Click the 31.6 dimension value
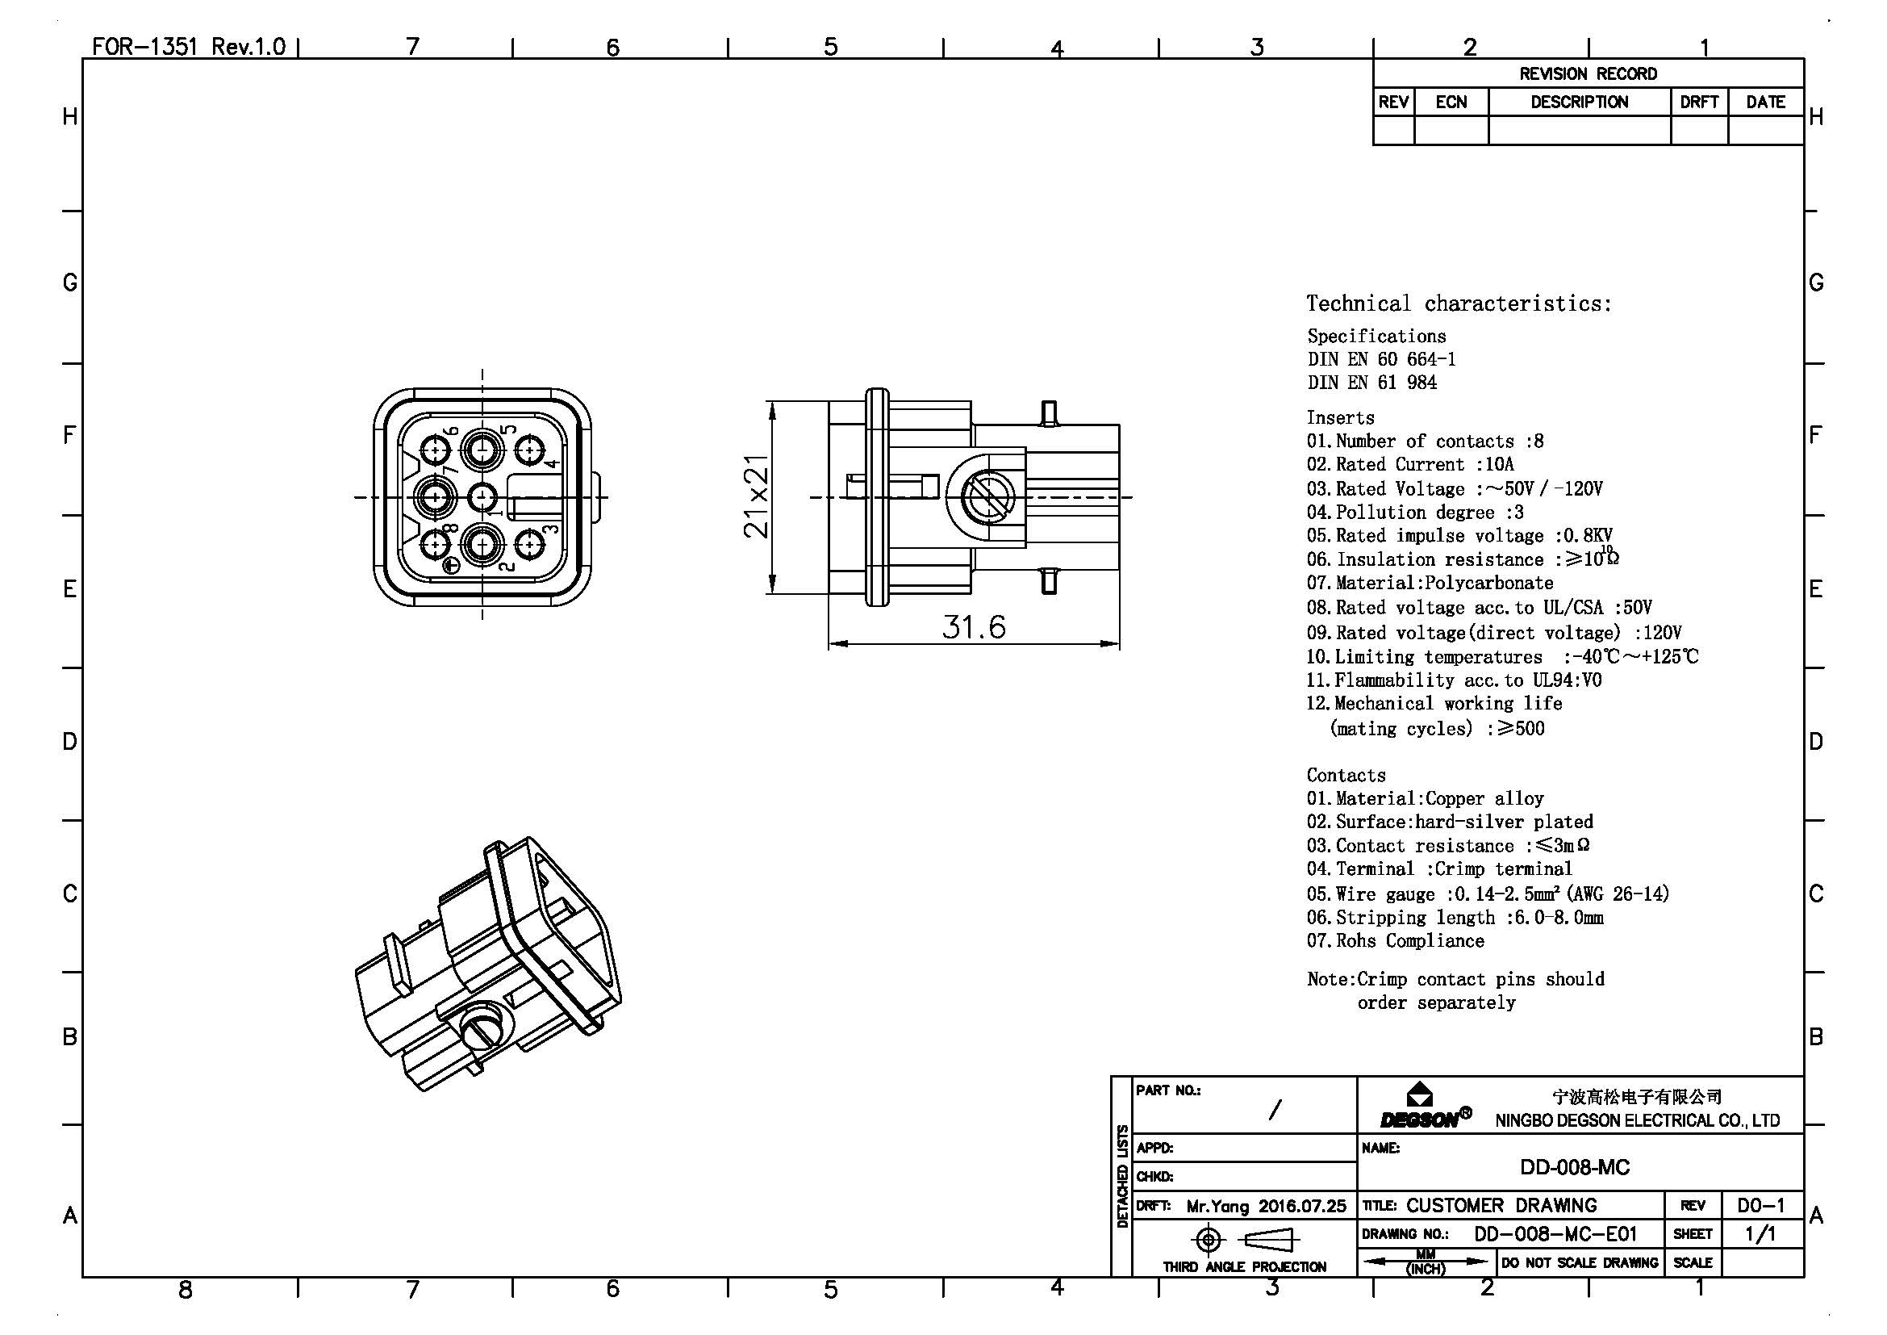[974, 627]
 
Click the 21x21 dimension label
[756, 496]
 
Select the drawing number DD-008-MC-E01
[1555, 1234]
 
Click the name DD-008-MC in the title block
[1575, 1167]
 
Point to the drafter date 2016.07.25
[1302, 1206]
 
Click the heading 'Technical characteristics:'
[1459, 303]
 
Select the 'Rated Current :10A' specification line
[1410, 464]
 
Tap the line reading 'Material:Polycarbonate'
[1430, 583]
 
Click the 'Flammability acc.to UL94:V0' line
[1454, 680]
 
